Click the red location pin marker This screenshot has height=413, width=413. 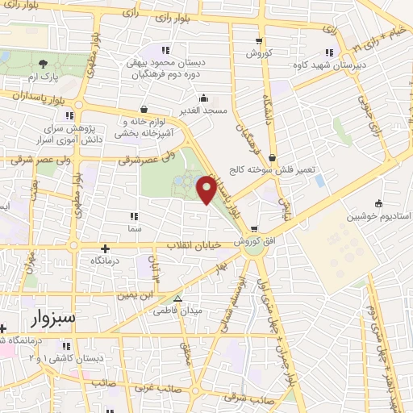tap(207, 189)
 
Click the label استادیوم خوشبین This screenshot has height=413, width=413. tap(378, 217)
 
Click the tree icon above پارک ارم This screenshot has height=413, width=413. tap(43, 61)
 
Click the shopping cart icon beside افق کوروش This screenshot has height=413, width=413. tap(255, 228)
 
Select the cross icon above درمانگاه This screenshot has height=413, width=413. tap(104, 248)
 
